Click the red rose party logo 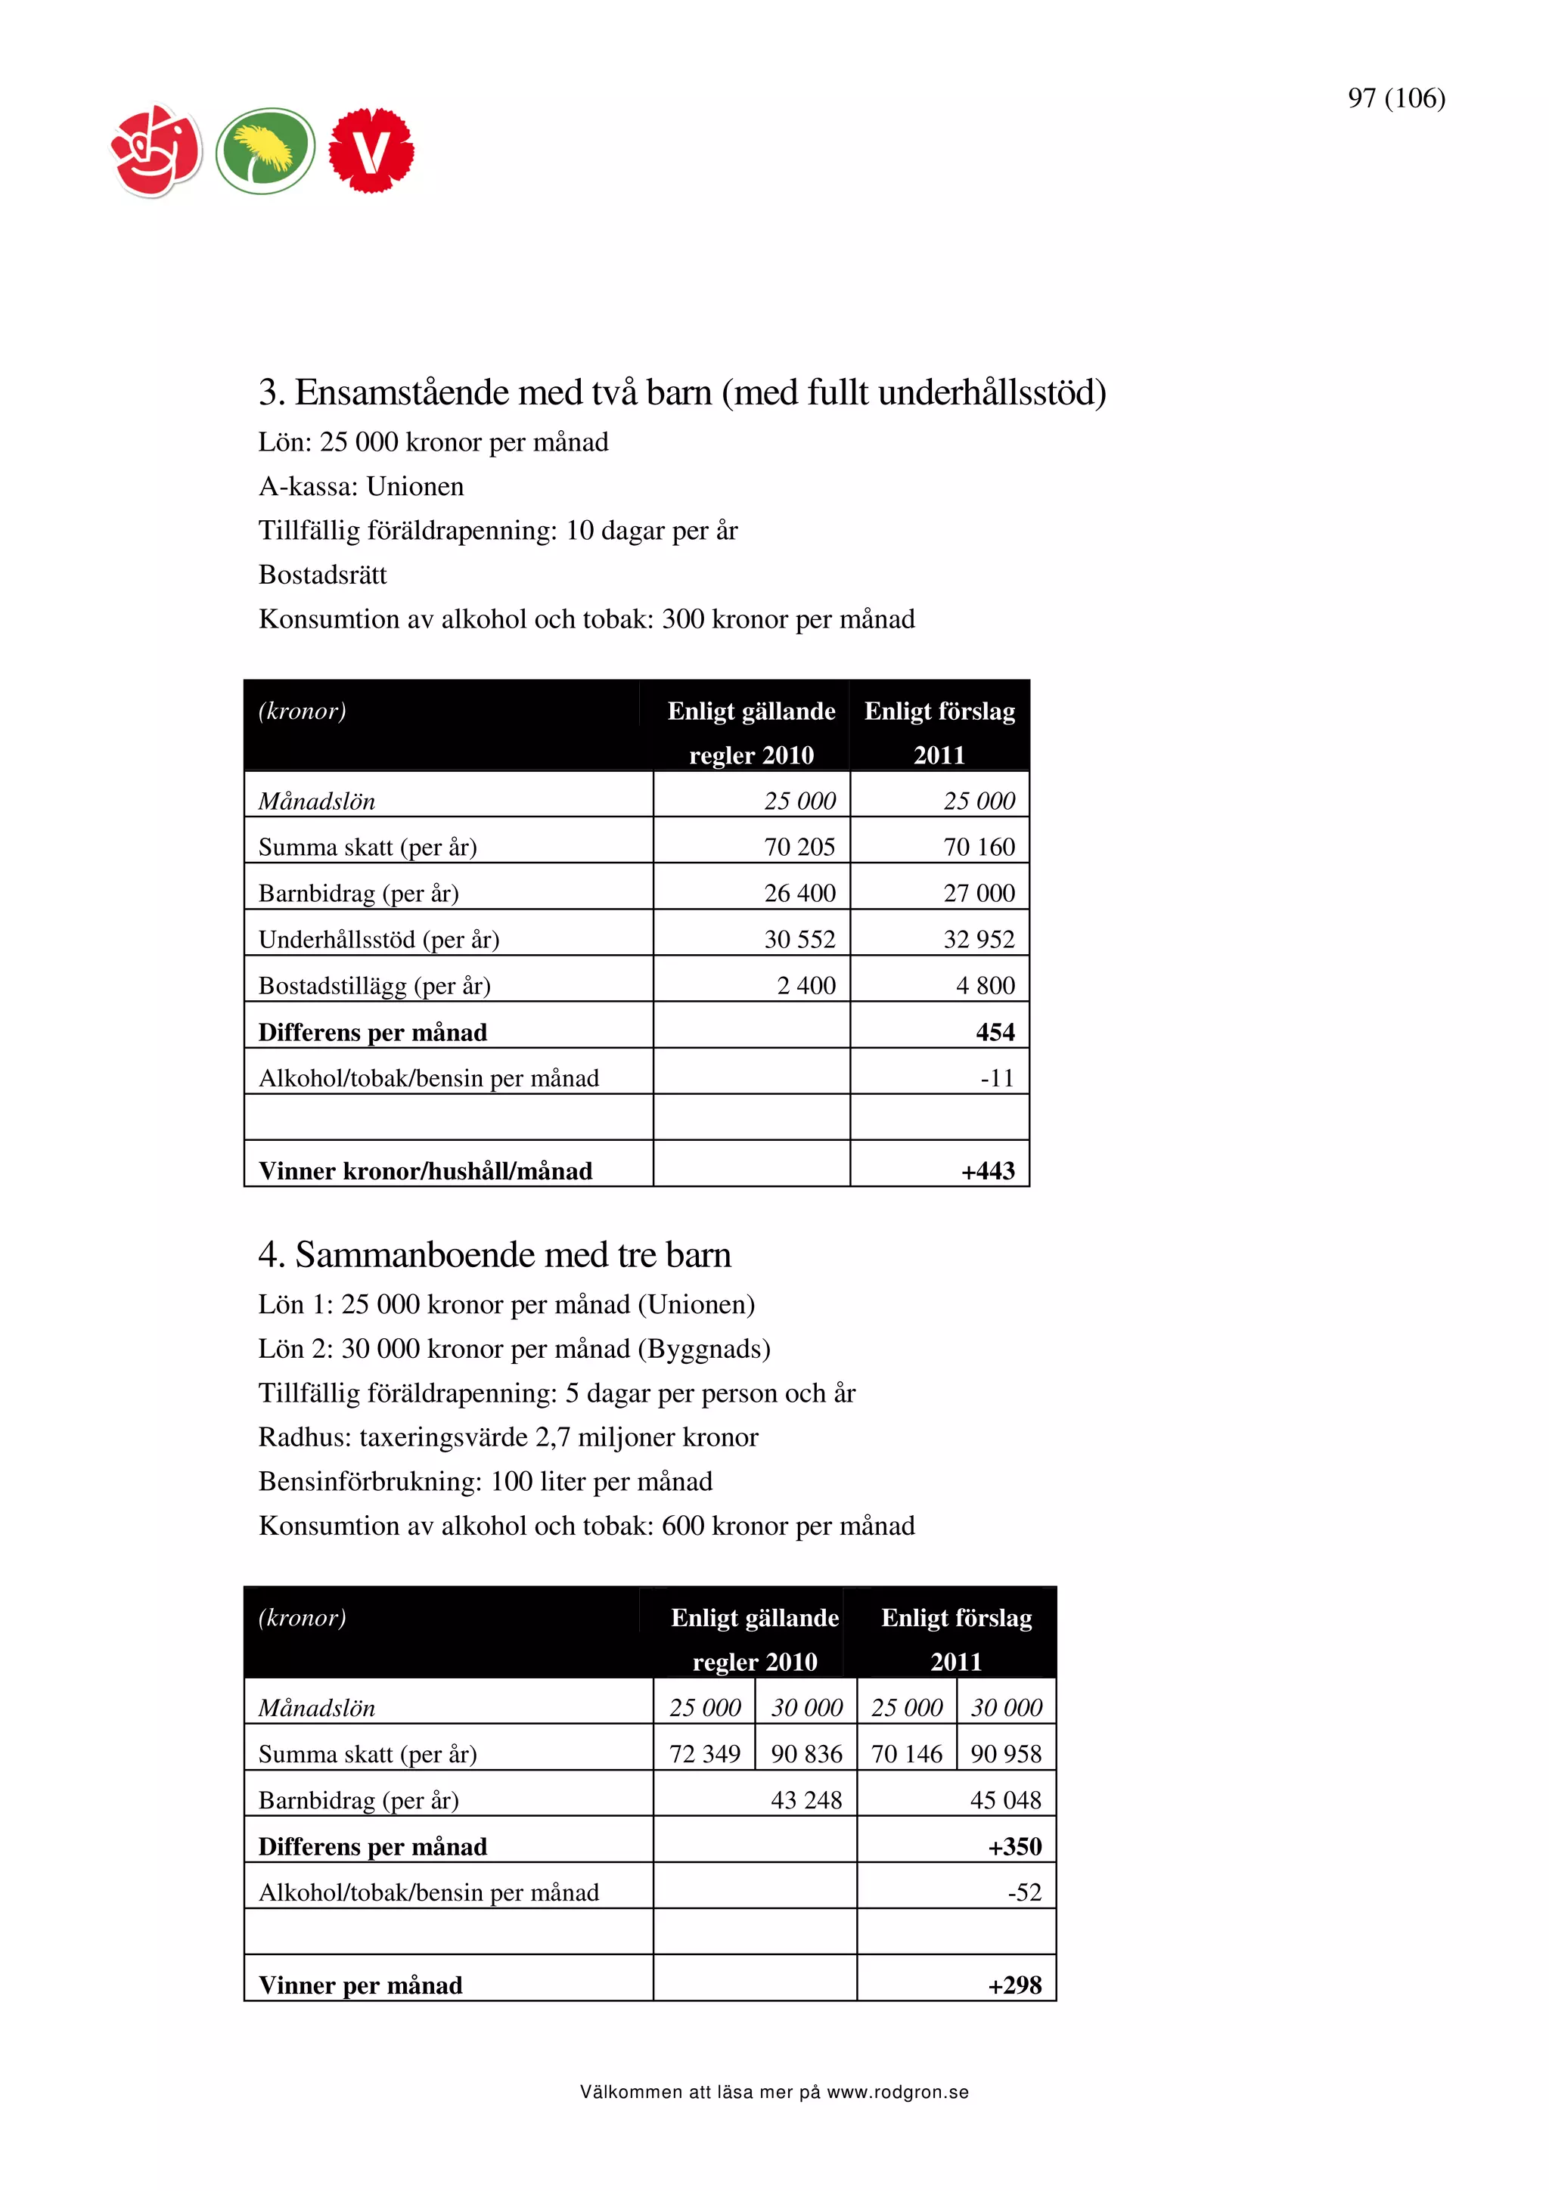point(157,150)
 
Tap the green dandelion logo point(265,150)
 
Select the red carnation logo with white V point(371,150)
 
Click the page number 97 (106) point(1395,98)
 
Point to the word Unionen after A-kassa point(415,487)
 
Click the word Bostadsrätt point(323,575)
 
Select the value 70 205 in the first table point(799,848)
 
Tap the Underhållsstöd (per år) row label point(379,940)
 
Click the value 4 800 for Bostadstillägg point(985,986)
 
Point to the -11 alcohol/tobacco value point(998,1078)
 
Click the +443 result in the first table point(988,1171)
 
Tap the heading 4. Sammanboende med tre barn point(495,1255)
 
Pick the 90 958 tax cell point(1006,1754)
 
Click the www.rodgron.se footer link point(897,2093)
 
